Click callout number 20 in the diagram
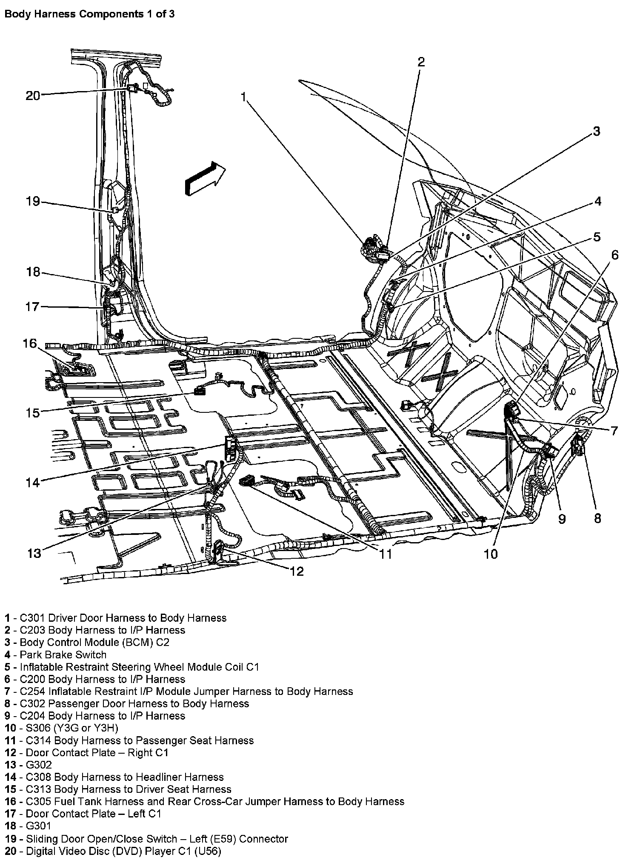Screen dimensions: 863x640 pyautogui.click(x=32, y=96)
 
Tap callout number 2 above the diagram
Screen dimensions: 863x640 pyautogui.click(x=420, y=63)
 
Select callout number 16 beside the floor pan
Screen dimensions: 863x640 pyautogui.click(x=30, y=343)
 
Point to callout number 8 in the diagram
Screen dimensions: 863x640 pyautogui.click(x=597, y=518)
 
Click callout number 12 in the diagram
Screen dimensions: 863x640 pyautogui.click(x=297, y=572)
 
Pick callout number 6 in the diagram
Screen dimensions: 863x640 pyautogui.click(x=615, y=255)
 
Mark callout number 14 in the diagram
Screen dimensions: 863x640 pyautogui.click(x=32, y=483)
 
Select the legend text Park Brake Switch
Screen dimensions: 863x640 pyautogui.click(x=63, y=655)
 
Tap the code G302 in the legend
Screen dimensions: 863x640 pyautogui.click(x=39, y=765)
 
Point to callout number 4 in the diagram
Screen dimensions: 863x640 pyautogui.click(x=598, y=201)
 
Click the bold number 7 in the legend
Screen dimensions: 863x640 pyautogui.click(x=7, y=692)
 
